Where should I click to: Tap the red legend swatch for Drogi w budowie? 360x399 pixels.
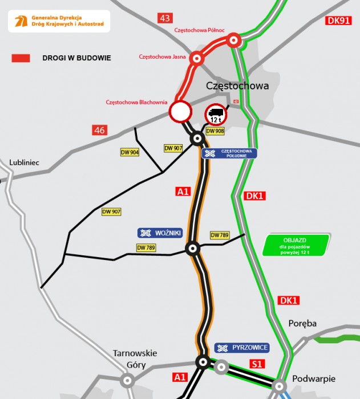(21, 58)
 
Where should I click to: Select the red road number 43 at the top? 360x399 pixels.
(165, 18)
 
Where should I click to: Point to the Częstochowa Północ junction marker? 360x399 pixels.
(233, 40)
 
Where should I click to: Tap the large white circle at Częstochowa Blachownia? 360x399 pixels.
(180, 112)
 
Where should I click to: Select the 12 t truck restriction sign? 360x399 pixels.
(216, 115)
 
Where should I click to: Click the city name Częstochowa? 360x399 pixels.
(237, 86)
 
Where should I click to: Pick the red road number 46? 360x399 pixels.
(100, 131)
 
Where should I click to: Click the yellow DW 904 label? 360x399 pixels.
(130, 152)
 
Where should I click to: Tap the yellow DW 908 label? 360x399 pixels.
(215, 131)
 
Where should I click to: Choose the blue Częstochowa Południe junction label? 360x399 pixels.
(229, 153)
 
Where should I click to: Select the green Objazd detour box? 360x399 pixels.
(296, 245)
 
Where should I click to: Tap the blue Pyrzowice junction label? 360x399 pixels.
(241, 347)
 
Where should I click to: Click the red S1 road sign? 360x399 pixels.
(256, 363)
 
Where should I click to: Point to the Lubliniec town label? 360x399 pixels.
(24, 162)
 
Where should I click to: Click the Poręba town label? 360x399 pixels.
(302, 323)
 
